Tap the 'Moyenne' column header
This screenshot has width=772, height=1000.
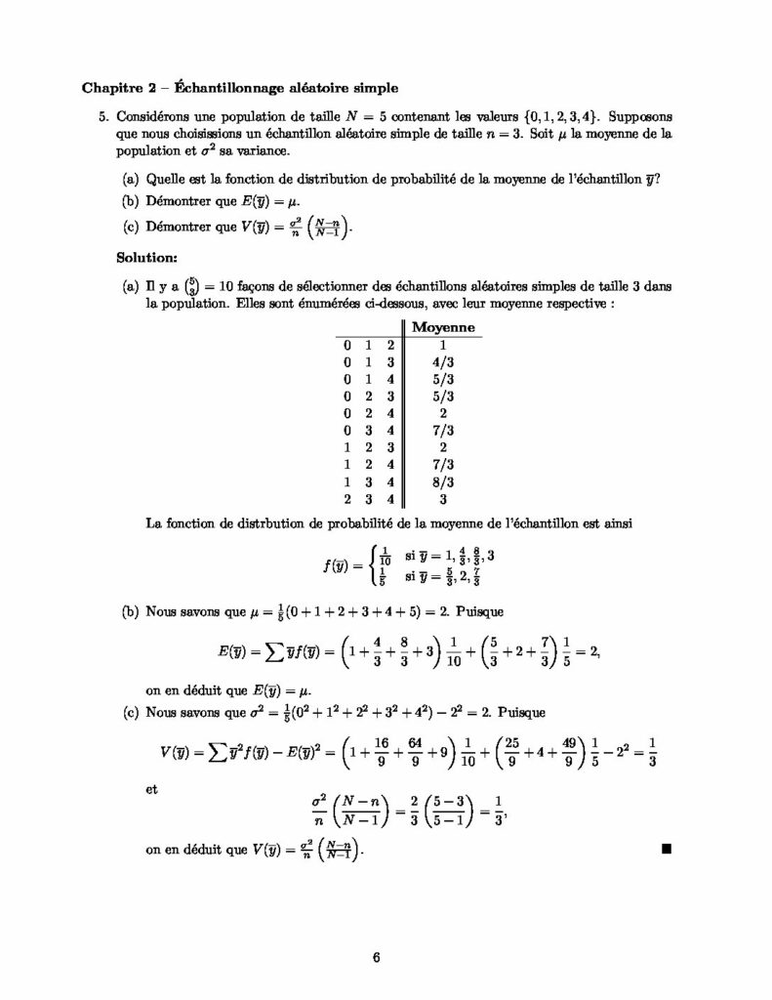(x=443, y=327)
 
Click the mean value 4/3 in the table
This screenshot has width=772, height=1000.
(x=443, y=361)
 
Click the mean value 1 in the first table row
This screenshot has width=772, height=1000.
(x=443, y=345)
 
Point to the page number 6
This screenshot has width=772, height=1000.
(x=376, y=956)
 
